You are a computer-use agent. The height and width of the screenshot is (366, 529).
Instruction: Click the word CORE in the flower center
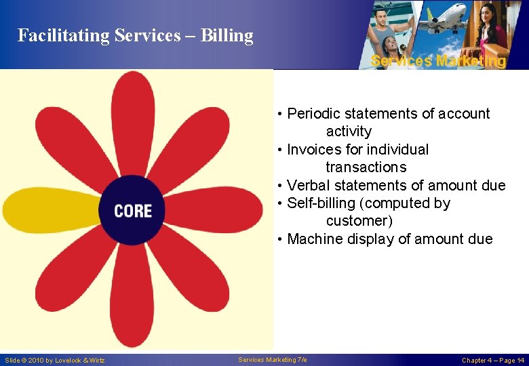pyautogui.click(x=133, y=211)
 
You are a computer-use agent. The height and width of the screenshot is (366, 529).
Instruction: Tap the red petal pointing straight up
pyautogui.click(x=134, y=119)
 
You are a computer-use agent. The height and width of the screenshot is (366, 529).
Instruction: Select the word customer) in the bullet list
pyautogui.click(x=359, y=221)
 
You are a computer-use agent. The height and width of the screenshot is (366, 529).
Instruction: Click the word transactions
pyautogui.click(x=366, y=167)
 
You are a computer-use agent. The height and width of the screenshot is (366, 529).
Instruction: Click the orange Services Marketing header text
pyautogui.click(x=438, y=61)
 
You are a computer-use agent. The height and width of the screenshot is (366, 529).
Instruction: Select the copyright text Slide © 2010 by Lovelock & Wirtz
pyautogui.click(x=55, y=360)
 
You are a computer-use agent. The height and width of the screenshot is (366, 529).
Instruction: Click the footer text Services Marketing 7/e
pyautogui.click(x=273, y=359)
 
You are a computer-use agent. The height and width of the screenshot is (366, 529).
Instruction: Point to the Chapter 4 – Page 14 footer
pyautogui.click(x=493, y=360)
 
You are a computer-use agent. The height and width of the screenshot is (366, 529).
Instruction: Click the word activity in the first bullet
pyautogui.click(x=349, y=131)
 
